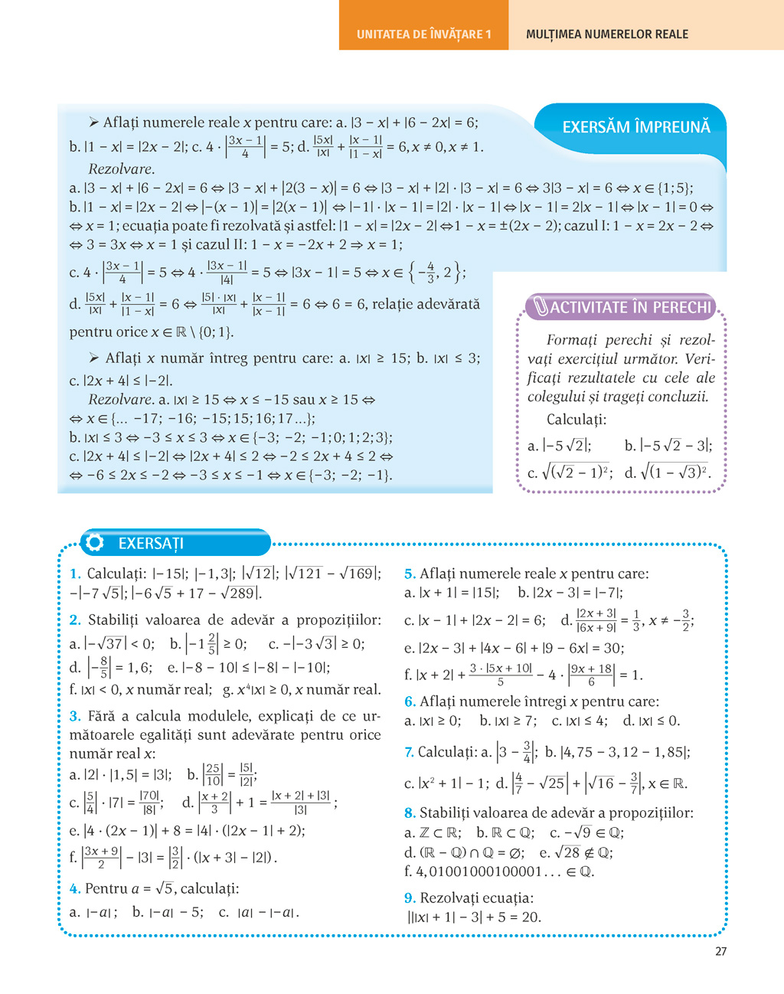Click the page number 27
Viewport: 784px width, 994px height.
point(720,951)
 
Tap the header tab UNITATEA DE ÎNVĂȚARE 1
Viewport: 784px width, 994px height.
point(423,34)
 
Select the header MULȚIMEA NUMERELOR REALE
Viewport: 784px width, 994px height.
point(606,34)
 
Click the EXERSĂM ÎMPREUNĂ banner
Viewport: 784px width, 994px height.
point(635,127)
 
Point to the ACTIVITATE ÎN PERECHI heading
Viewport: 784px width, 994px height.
point(631,308)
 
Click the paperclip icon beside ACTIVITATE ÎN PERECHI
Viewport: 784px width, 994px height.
point(541,308)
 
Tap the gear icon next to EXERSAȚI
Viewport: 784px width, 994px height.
point(95,543)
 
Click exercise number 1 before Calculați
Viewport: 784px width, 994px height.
point(75,574)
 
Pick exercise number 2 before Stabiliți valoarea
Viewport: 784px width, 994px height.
point(75,620)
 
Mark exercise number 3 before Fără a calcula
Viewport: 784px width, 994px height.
point(75,717)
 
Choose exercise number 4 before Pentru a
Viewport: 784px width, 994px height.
point(74,888)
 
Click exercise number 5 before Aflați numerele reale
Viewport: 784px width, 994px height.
point(410,574)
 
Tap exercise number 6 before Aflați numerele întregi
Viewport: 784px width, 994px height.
point(410,701)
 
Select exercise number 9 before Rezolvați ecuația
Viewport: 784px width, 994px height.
point(410,898)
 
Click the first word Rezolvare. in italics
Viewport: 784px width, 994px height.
point(121,169)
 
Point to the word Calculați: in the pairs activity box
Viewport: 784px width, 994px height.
point(576,420)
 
